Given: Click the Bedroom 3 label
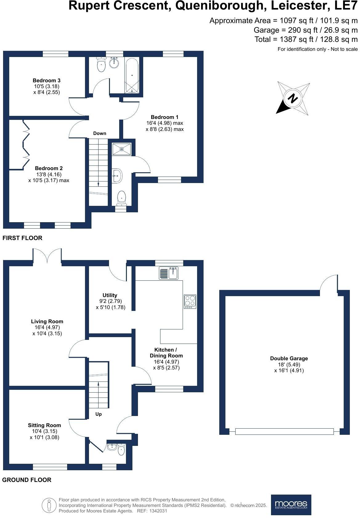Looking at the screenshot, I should (x=47, y=80).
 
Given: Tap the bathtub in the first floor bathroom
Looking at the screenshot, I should (x=132, y=75).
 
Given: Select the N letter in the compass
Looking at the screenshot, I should (x=293, y=99).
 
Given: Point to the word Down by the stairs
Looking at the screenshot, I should (x=99, y=133).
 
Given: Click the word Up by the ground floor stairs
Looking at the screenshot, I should (x=98, y=414).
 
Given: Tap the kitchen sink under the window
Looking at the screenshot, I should (x=169, y=273).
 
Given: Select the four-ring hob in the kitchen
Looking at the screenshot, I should (x=190, y=302).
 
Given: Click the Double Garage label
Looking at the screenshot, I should (x=289, y=358).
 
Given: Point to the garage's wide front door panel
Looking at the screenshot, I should (x=284, y=432).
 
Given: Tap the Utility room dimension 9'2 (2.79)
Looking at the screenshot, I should (x=110, y=301).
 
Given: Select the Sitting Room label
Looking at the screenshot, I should (x=44, y=425).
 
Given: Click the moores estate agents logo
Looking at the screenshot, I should (x=291, y=505).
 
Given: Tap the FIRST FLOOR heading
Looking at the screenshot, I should (x=22, y=238).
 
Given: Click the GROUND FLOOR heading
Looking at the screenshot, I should (x=27, y=480).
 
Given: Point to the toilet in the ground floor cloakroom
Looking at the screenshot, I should (x=121, y=450).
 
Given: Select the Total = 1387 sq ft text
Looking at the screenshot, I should (x=306, y=39).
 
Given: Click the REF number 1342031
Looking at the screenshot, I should (x=158, y=511).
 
